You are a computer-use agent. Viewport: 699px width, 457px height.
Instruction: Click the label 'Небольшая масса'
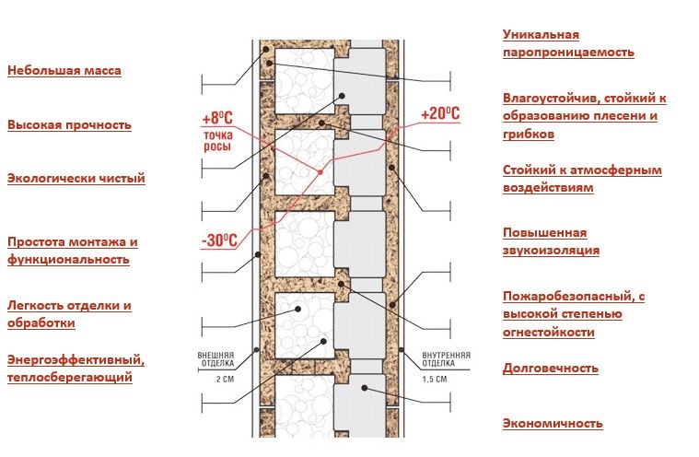tap(64, 70)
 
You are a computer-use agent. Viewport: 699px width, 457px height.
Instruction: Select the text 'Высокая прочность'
tap(69, 124)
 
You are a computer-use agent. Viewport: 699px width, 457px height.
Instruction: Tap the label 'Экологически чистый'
tap(76, 178)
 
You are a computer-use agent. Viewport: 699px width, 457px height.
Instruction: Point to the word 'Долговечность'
tap(550, 368)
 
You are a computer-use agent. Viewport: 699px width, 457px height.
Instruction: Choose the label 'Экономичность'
tap(553, 424)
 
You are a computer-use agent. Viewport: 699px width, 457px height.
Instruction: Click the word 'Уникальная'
tap(541, 35)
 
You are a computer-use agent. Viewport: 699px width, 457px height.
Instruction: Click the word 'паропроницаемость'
tap(568, 53)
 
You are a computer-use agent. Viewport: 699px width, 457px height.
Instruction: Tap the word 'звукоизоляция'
tap(551, 250)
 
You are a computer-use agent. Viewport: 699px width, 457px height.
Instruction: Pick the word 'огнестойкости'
tap(548, 331)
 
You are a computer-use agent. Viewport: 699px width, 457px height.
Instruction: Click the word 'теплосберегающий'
tap(69, 377)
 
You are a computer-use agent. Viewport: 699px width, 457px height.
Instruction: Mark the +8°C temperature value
tap(218, 118)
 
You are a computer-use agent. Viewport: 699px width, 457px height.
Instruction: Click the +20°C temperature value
tap(439, 113)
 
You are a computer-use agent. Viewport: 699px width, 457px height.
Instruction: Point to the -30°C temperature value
tap(218, 241)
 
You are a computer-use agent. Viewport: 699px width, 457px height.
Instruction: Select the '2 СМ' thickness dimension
tap(216, 379)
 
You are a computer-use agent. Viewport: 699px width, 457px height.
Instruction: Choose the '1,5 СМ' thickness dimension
tap(434, 379)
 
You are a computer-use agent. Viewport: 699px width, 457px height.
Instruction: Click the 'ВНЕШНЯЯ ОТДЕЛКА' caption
tap(216, 358)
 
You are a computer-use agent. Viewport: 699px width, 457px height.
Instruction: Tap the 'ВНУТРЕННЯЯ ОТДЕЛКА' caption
tap(447, 358)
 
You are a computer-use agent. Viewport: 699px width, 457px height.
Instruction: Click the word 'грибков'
tap(529, 134)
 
